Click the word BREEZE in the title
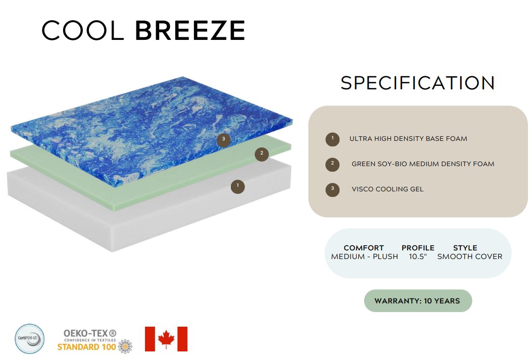190,30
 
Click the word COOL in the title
82,30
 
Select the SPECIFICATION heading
418,83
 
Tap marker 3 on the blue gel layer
224,139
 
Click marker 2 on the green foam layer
262,153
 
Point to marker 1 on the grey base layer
237,186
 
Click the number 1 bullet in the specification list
332,139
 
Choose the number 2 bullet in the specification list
332,164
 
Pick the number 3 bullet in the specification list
332,189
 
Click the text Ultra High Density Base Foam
408,139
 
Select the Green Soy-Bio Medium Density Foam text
423,164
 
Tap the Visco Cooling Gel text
388,189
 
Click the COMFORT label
364,248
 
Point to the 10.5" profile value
418,256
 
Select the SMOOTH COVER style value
469,256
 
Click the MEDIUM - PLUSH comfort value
364,256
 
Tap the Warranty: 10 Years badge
418,301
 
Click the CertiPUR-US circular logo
29,339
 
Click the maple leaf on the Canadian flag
166,339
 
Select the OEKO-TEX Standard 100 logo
94,341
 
